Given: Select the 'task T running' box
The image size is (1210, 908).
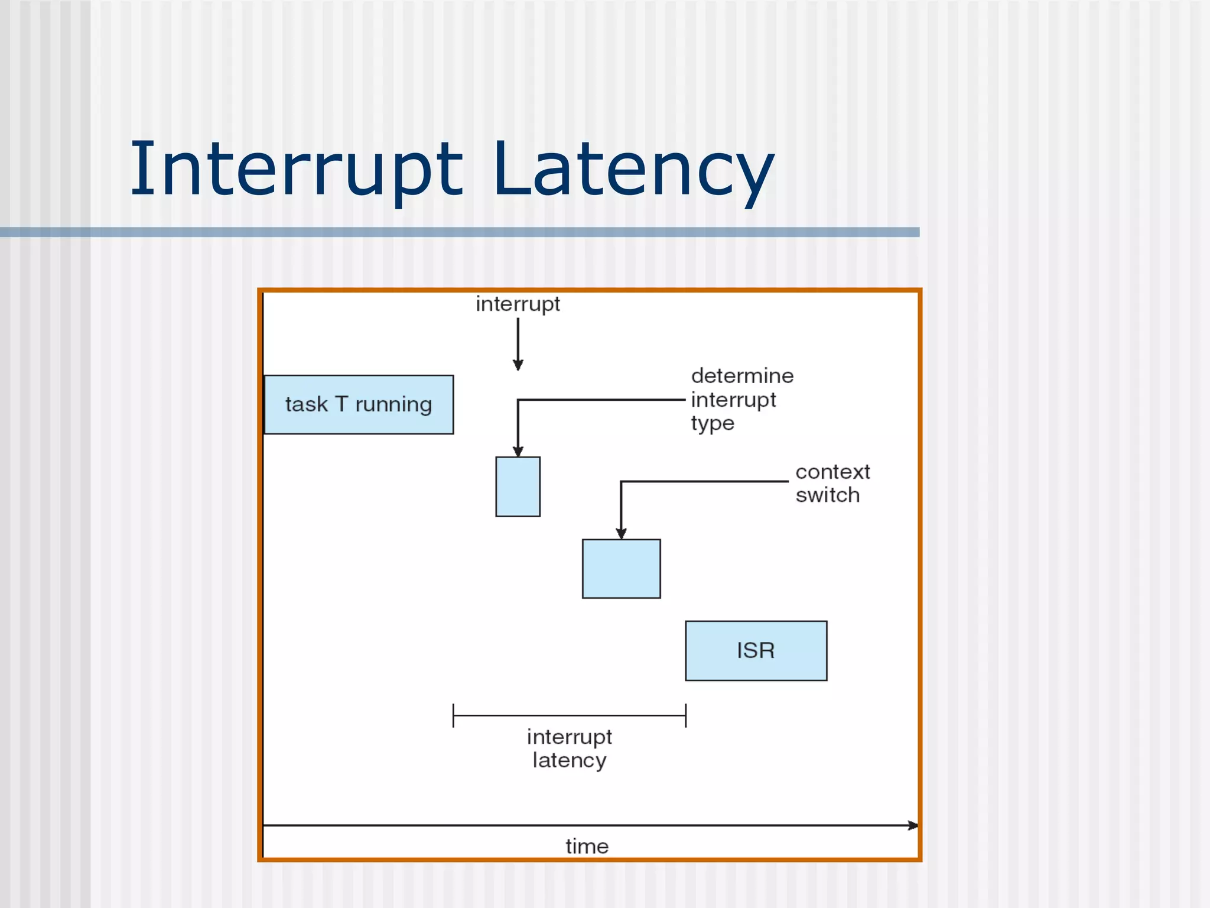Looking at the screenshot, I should pyautogui.click(x=359, y=405).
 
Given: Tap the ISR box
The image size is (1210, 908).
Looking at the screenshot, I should pyautogui.click(x=756, y=650).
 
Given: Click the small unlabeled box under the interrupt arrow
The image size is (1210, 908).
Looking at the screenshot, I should pyautogui.click(x=518, y=487).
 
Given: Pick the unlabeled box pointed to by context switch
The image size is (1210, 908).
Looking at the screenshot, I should pyautogui.click(x=621, y=569).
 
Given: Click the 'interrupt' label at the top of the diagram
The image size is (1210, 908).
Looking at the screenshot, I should pyautogui.click(x=518, y=304).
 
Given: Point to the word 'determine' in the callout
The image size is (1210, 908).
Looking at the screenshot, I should pyautogui.click(x=742, y=376).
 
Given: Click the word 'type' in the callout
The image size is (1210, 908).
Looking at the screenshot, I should pyautogui.click(x=712, y=423).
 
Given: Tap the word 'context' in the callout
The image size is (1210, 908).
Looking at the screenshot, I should pyautogui.click(x=832, y=472).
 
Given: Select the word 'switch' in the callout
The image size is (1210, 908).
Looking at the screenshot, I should pyautogui.click(x=827, y=495).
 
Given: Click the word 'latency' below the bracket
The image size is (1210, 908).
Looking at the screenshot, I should pyautogui.click(x=569, y=760).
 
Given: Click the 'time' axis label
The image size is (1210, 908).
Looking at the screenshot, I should pyautogui.click(x=587, y=846).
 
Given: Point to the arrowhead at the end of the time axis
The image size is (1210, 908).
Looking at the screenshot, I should pyautogui.click(x=913, y=825).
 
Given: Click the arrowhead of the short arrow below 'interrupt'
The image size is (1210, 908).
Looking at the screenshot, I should pyautogui.click(x=518, y=365).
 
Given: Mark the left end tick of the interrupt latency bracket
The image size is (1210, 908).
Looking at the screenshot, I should pyautogui.click(x=453, y=715).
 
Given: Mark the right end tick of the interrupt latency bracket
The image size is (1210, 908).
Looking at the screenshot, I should pyautogui.click(x=685, y=715).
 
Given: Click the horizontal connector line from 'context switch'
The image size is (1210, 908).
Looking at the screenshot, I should pyautogui.click(x=703, y=481).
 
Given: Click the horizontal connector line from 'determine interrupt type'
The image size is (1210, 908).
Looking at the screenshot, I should pyautogui.click(x=603, y=400).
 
